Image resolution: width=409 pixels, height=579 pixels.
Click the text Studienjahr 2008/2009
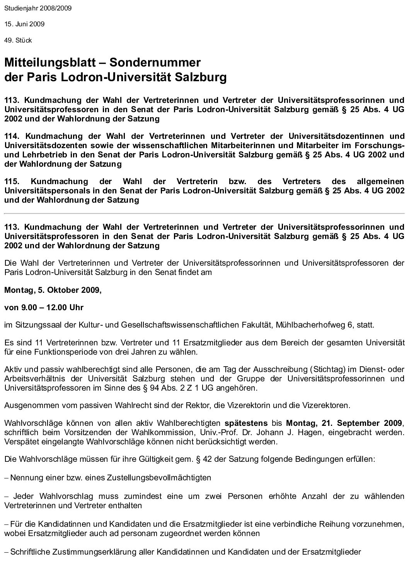[x=38, y=8]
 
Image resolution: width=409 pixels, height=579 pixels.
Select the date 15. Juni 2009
[x=24, y=24]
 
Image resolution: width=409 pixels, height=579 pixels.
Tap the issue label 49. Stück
[x=18, y=40]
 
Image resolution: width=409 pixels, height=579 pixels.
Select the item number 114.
[x=12, y=136]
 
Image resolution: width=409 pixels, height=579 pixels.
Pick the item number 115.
[x=12, y=181]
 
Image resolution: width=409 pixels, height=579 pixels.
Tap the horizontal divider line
[x=204, y=213]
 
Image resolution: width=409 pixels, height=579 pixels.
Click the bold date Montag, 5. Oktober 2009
[x=53, y=290]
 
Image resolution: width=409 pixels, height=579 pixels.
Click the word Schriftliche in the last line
[x=29, y=552]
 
